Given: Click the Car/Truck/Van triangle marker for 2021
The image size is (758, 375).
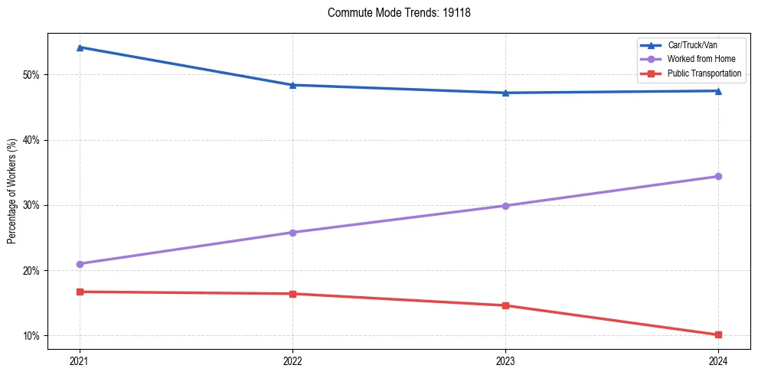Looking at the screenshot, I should (80, 47).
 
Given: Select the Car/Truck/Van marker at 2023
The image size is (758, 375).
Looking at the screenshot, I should (505, 93).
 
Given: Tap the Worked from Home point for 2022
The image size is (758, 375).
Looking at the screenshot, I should (292, 233).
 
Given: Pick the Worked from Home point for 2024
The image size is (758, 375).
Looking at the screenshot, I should (718, 177).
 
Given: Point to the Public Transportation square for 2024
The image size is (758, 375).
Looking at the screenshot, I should (718, 334).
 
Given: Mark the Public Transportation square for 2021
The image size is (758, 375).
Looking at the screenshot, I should (80, 292).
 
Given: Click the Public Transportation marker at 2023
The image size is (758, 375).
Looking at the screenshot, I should (505, 305).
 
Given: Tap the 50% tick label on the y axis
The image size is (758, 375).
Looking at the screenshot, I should (32, 75).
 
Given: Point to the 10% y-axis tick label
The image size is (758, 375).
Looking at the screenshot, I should (32, 336).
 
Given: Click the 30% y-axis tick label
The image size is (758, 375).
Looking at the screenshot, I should (32, 205).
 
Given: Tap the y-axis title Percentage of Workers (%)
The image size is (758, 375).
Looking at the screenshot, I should (12, 191).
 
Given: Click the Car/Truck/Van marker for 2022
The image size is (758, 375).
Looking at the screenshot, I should (292, 85).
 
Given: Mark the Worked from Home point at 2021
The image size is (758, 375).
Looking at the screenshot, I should (80, 264).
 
